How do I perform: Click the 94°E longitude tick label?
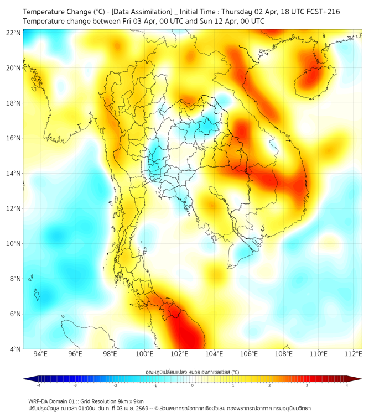(x=40, y=354)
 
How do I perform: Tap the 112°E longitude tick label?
(x=354, y=354)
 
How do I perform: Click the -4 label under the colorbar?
(x=38, y=385)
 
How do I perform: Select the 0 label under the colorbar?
(x=193, y=385)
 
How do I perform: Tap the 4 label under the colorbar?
(x=347, y=385)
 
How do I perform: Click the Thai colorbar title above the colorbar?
(x=192, y=372)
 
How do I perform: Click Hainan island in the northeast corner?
(x=315, y=79)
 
